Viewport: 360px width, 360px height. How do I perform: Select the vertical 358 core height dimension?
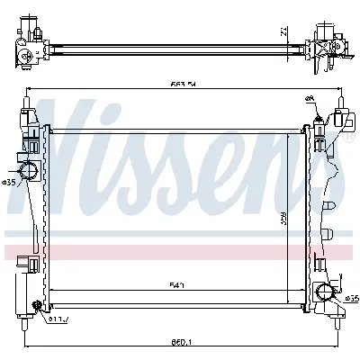click(281, 216)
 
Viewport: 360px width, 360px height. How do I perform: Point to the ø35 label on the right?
click(351, 298)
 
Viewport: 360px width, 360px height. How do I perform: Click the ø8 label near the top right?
click(310, 99)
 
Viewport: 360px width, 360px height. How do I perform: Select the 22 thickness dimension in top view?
click(283, 32)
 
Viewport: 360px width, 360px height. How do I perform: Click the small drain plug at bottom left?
click(38, 310)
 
